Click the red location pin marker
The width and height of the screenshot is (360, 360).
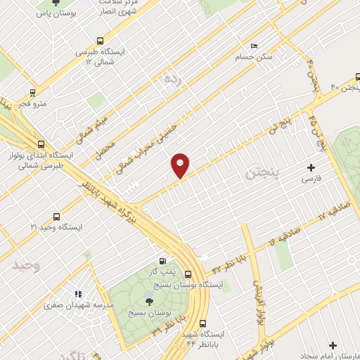[x=181, y=165]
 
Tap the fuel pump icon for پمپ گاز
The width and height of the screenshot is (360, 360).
[x=164, y=261]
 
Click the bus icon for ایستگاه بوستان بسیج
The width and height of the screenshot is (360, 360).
[x=188, y=275]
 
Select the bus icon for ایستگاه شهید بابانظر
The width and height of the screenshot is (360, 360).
[x=203, y=325]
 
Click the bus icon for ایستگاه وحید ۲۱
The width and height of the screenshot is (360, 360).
[x=56, y=217]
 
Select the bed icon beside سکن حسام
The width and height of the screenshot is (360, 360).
[x=254, y=44]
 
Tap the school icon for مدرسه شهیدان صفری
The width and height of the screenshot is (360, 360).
[x=77, y=295]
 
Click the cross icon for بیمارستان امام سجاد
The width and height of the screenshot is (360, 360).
[x=333, y=345]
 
